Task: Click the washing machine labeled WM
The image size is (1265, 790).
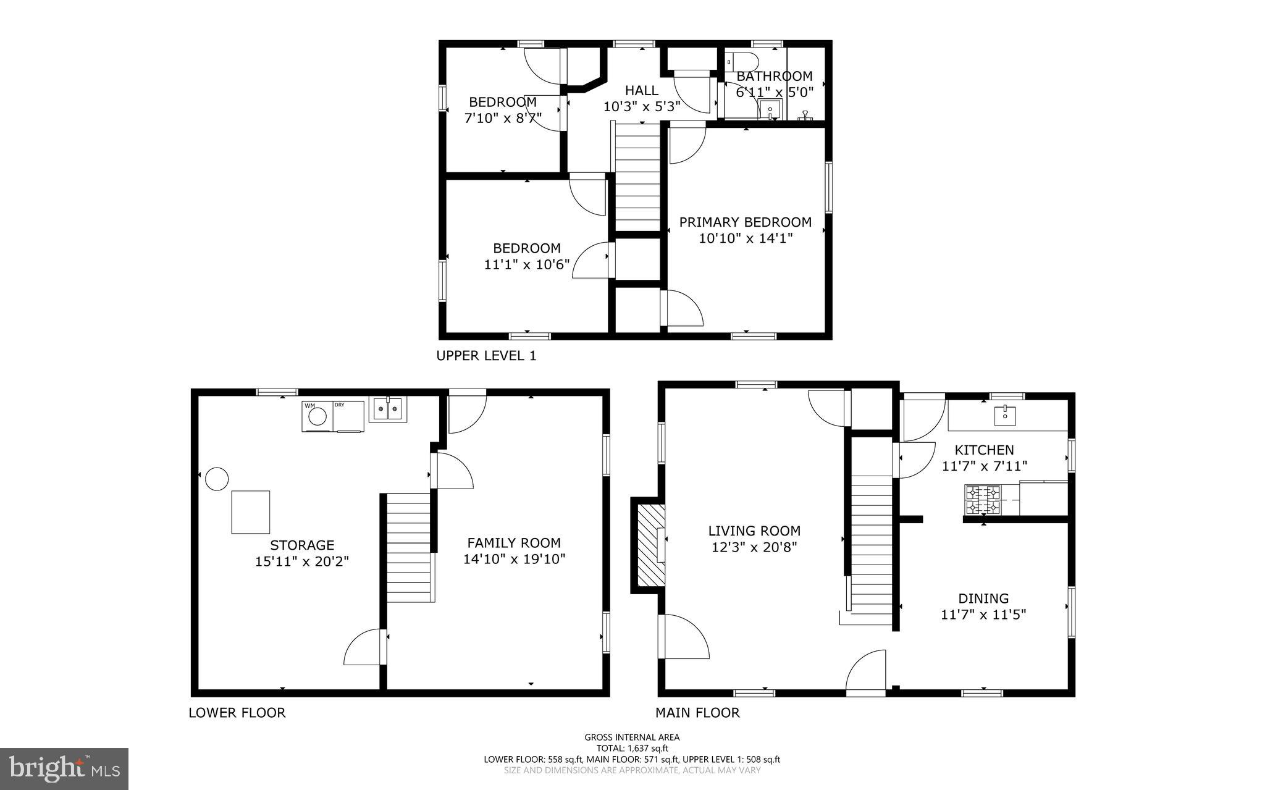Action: click(317, 416)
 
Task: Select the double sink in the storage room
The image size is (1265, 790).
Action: click(388, 409)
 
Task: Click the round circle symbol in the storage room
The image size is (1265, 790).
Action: click(217, 479)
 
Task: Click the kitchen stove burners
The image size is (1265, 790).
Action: click(982, 500)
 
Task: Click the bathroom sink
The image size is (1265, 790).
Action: click(770, 111)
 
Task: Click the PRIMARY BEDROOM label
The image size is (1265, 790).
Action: click(745, 222)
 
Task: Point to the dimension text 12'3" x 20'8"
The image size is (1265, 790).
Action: click(754, 547)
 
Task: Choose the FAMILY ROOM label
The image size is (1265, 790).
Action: click(513, 543)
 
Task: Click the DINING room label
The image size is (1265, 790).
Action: click(983, 598)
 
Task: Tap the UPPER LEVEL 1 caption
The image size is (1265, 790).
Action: click(486, 356)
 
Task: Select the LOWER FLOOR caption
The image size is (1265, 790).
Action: click(237, 713)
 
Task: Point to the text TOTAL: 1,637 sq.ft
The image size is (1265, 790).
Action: click(632, 748)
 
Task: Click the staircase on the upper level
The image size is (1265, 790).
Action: click(639, 179)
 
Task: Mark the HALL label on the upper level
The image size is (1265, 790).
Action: click(641, 90)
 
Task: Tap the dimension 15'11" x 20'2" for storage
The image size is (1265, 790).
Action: click(302, 561)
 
